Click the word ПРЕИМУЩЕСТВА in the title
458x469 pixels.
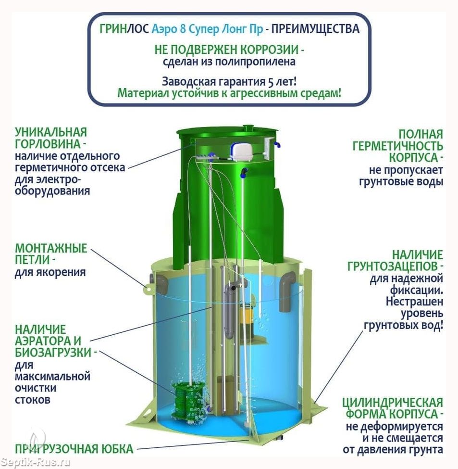(x=315, y=29)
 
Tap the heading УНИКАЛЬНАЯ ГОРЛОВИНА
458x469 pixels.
(x=51, y=138)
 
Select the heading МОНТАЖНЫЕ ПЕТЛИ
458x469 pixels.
(x=51, y=254)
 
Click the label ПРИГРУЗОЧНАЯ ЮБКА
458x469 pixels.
(x=74, y=449)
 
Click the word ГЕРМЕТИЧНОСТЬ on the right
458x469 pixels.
(x=397, y=146)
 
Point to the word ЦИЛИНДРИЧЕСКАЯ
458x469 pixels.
(x=393, y=402)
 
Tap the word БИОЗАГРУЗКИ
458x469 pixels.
(x=53, y=352)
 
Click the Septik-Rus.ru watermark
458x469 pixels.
(x=35, y=462)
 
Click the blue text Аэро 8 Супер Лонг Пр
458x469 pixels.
(x=207, y=29)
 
